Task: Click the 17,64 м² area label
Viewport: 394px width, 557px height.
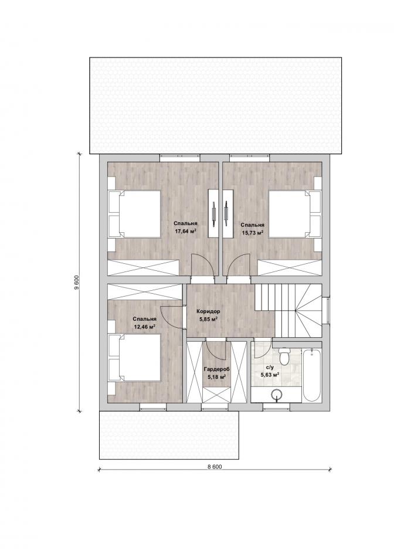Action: coord(185,231)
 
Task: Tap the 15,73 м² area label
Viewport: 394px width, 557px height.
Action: coord(252,233)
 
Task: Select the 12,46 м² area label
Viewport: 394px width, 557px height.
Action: coord(145,326)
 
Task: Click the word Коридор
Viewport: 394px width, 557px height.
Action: coord(208,311)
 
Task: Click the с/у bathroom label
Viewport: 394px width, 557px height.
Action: coord(269,367)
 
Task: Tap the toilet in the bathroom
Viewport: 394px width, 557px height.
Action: coord(284,356)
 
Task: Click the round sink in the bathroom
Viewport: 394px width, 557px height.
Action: coord(277,395)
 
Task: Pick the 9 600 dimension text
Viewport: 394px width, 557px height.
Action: coord(76,283)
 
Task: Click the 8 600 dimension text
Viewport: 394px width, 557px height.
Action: coord(215,467)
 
